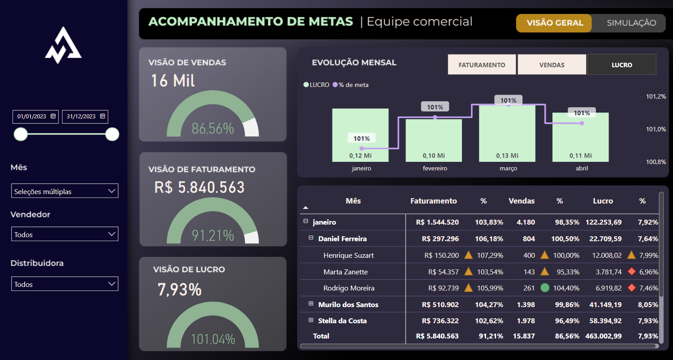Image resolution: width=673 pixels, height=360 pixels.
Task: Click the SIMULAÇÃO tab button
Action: (x=631, y=23)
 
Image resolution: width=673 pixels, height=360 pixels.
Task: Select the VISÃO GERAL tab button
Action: (x=555, y=23)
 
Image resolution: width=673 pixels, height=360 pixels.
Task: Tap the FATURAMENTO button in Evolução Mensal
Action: (x=482, y=65)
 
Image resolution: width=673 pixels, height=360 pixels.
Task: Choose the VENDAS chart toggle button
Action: (x=552, y=65)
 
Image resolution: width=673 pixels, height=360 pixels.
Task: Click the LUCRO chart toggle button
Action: (x=621, y=65)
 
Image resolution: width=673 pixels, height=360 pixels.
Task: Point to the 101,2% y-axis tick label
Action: (x=656, y=96)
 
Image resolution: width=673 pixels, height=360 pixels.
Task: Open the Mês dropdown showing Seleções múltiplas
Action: (x=65, y=191)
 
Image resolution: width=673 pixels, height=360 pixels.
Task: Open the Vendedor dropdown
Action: (x=65, y=234)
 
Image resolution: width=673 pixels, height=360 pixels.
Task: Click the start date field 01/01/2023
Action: (x=35, y=117)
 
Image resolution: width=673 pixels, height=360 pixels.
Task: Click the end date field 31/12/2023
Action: (x=85, y=117)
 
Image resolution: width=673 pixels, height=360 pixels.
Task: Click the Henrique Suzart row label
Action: (x=349, y=256)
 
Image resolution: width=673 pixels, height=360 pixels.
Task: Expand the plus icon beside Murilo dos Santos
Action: (x=311, y=304)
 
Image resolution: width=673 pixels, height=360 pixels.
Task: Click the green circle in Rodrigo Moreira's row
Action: (x=545, y=288)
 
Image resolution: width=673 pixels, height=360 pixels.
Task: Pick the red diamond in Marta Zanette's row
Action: (x=632, y=271)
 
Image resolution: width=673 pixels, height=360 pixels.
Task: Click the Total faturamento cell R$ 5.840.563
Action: (x=437, y=336)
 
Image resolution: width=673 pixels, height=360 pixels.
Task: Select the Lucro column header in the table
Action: (x=603, y=201)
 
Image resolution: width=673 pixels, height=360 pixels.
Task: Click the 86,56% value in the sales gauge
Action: (x=213, y=129)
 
